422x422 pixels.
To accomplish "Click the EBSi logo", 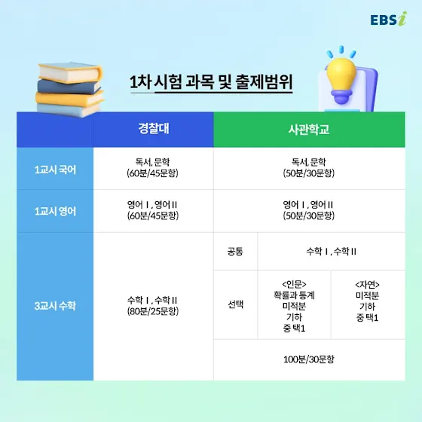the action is point(389,19).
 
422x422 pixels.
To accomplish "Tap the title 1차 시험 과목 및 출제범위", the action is point(211,82).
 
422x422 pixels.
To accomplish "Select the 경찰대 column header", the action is point(154,128).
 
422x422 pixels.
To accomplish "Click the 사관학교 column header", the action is point(309,130).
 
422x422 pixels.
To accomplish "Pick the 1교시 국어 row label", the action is point(55,170).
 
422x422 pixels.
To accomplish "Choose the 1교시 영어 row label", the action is point(55,211).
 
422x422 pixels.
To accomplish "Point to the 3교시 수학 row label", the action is point(55,306).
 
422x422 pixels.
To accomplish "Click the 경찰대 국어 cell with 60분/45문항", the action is point(152,167).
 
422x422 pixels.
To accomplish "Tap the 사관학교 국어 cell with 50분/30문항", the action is point(309,167).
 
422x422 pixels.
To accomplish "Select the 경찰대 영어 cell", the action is point(152,210).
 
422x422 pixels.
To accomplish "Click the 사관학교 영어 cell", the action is point(309,210).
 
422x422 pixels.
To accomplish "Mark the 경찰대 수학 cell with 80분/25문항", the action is point(152,305).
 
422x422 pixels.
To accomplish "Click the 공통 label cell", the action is point(235,252).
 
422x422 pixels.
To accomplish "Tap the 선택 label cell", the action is point(235,304).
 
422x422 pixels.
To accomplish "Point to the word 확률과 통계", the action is point(294,295).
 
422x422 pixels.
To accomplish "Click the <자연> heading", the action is point(368,285).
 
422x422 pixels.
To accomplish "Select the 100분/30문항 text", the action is point(309,359).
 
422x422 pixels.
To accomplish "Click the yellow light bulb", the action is point(341,80).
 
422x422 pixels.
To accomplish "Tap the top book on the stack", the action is point(69,72).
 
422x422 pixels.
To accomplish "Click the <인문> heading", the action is point(294,284).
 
